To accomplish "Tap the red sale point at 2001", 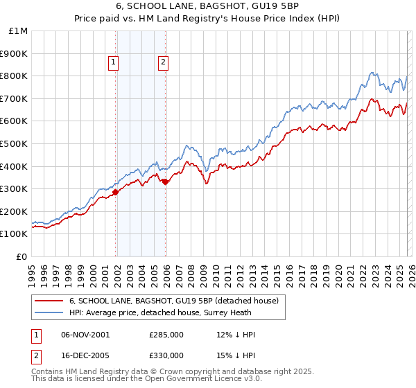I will click(116, 192).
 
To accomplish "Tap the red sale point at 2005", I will click(166, 182).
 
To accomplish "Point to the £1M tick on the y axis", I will click(19, 30).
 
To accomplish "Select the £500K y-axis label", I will click(15, 143).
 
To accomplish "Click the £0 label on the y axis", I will click(22, 256).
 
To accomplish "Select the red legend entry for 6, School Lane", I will click(173, 301).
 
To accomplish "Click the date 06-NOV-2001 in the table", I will click(84, 335).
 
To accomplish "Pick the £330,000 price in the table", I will click(166, 355).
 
